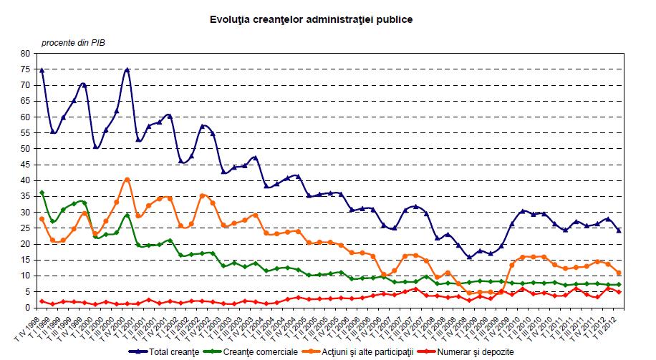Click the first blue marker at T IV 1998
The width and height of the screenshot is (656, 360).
point(42,70)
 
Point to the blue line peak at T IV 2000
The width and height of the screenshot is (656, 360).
point(127,69)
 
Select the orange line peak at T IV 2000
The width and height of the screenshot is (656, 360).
point(127,180)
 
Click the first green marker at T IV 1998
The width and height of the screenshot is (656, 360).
point(42,193)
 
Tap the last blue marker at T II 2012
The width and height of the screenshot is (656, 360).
point(619,230)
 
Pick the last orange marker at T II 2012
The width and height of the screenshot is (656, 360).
point(619,273)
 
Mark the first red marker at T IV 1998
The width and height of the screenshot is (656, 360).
point(42,301)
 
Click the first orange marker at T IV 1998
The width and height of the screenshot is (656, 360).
point(42,219)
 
